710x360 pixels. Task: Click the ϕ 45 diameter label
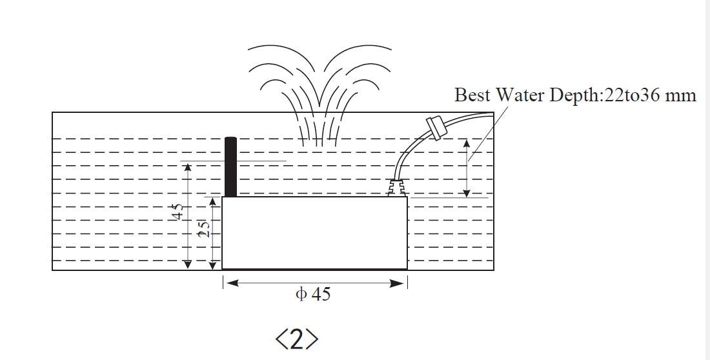pyautogui.click(x=312, y=295)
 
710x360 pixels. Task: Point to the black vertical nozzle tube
pyautogui.click(x=230, y=167)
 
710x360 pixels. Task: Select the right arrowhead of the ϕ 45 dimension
pyautogui.click(x=401, y=283)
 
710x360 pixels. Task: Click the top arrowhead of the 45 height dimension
pyautogui.click(x=187, y=167)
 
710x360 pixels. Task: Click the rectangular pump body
pyautogui.click(x=314, y=233)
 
